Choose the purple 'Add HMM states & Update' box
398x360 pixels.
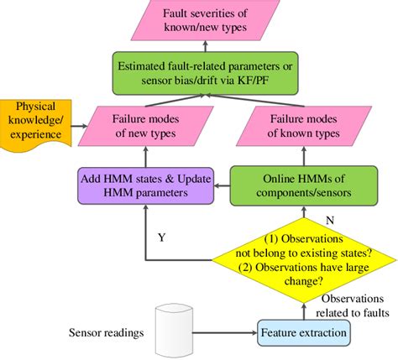click(145, 185)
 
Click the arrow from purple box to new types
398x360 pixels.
click(145, 156)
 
